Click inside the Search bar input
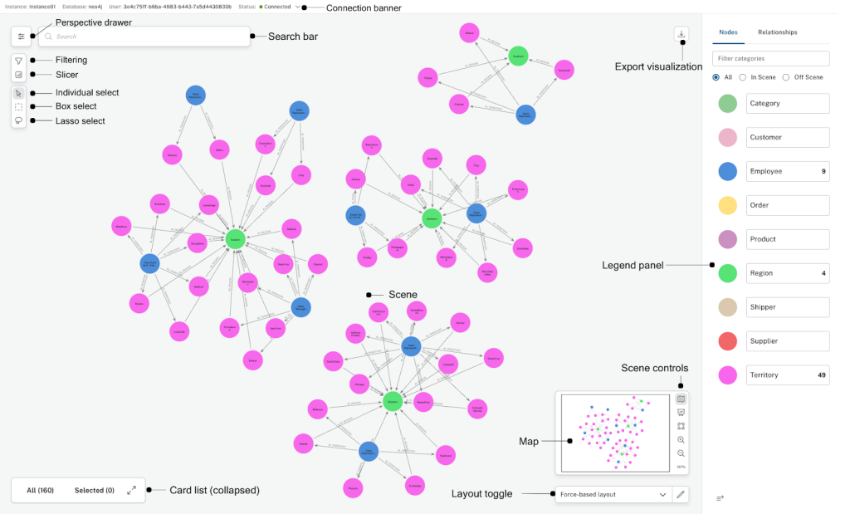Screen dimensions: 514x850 149,37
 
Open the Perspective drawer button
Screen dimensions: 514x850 22,37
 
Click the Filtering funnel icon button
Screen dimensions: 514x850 19,61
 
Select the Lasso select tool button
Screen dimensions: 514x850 19,120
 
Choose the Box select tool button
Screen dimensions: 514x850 19,106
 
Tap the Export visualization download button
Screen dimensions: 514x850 681,34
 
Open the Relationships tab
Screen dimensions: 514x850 777,32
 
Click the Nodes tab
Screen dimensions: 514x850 728,32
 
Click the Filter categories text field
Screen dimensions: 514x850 770,58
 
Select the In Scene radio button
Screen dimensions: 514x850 743,77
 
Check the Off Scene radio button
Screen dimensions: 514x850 786,77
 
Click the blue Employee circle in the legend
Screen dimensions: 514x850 727,171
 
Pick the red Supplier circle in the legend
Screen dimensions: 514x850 727,341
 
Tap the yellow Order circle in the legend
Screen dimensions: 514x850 727,205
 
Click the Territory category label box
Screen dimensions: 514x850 788,375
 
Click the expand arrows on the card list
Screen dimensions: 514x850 131,491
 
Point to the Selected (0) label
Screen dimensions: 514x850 94,491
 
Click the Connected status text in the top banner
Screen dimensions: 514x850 277,7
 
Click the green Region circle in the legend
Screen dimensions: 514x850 727,273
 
